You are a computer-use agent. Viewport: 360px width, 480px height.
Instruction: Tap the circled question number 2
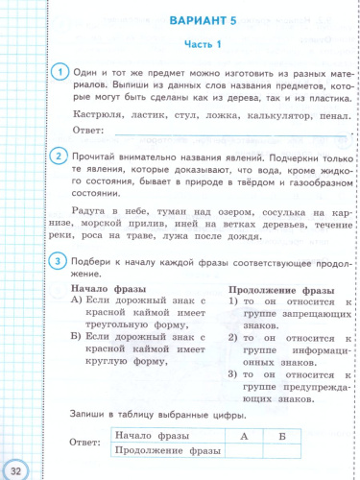pyautogui.click(x=59, y=158)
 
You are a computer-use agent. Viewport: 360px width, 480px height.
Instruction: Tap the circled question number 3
pyautogui.click(x=59, y=262)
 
